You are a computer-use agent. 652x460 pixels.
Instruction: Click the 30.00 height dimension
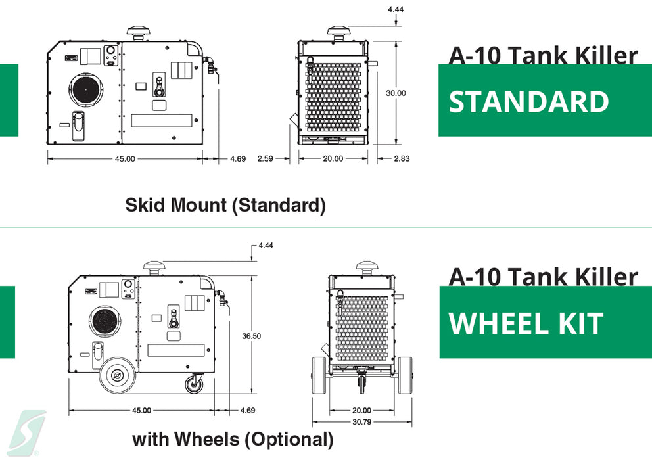pyautogui.click(x=396, y=93)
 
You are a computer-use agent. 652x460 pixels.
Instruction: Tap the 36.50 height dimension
pyautogui.click(x=252, y=336)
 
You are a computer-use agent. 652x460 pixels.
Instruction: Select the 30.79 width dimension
pyautogui.click(x=361, y=422)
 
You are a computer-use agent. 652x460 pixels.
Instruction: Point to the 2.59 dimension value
pyautogui.click(x=266, y=158)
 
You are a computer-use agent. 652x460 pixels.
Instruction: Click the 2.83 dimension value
pyautogui.click(x=402, y=158)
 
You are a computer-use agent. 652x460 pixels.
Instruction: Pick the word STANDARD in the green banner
pyautogui.click(x=528, y=102)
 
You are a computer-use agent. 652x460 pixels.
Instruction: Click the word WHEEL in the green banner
pyautogui.click(x=499, y=323)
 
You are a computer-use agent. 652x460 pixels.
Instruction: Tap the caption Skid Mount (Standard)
pyautogui.click(x=225, y=205)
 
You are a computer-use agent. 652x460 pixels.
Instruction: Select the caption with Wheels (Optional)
pyautogui.click(x=233, y=439)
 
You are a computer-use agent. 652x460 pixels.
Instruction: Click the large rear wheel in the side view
pyautogui.click(x=118, y=375)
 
